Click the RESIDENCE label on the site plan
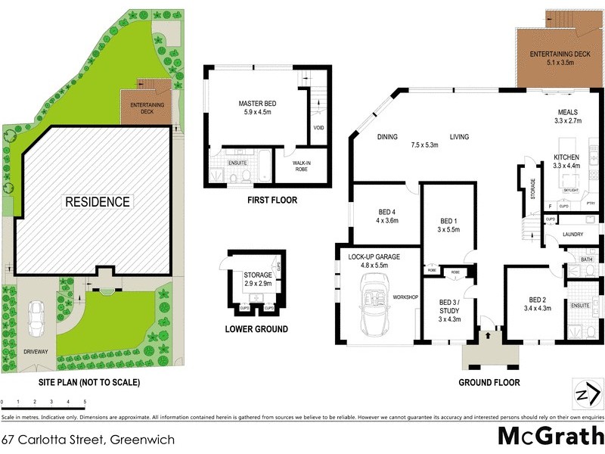click(97, 202)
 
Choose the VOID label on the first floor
click(318, 127)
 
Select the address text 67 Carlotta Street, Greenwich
click(88, 439)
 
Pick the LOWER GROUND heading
click(256, 328)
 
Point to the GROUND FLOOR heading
click(489, 382)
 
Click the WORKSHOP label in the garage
click(405, 297)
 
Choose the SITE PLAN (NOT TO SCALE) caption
click(89, 382)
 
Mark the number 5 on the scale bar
click(85, 402)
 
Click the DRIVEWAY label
click(36, 352)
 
